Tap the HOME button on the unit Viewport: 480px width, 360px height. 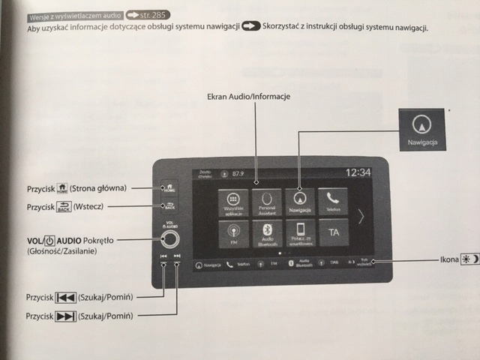pyautogui.click(x=167, y=187)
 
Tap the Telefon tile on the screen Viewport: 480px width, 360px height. pyautogui.click(x=332, y=202)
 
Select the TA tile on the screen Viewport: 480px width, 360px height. pyautogui.click(x=331, y=233)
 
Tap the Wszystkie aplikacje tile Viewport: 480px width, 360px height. pyautogui.click(x=232, y=202)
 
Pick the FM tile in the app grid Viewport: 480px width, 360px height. pyautogui.click(x=232, y=233)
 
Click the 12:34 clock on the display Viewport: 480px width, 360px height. pyautogui.click(x=358, y=173)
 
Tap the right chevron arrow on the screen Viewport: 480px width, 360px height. pyautogui.click(x=361, y=217)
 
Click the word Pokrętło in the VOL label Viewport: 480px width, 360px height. pyautogui.click(x=99, y=239)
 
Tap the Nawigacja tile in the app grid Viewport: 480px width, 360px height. pyautogui.click(x=299, y=202)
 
